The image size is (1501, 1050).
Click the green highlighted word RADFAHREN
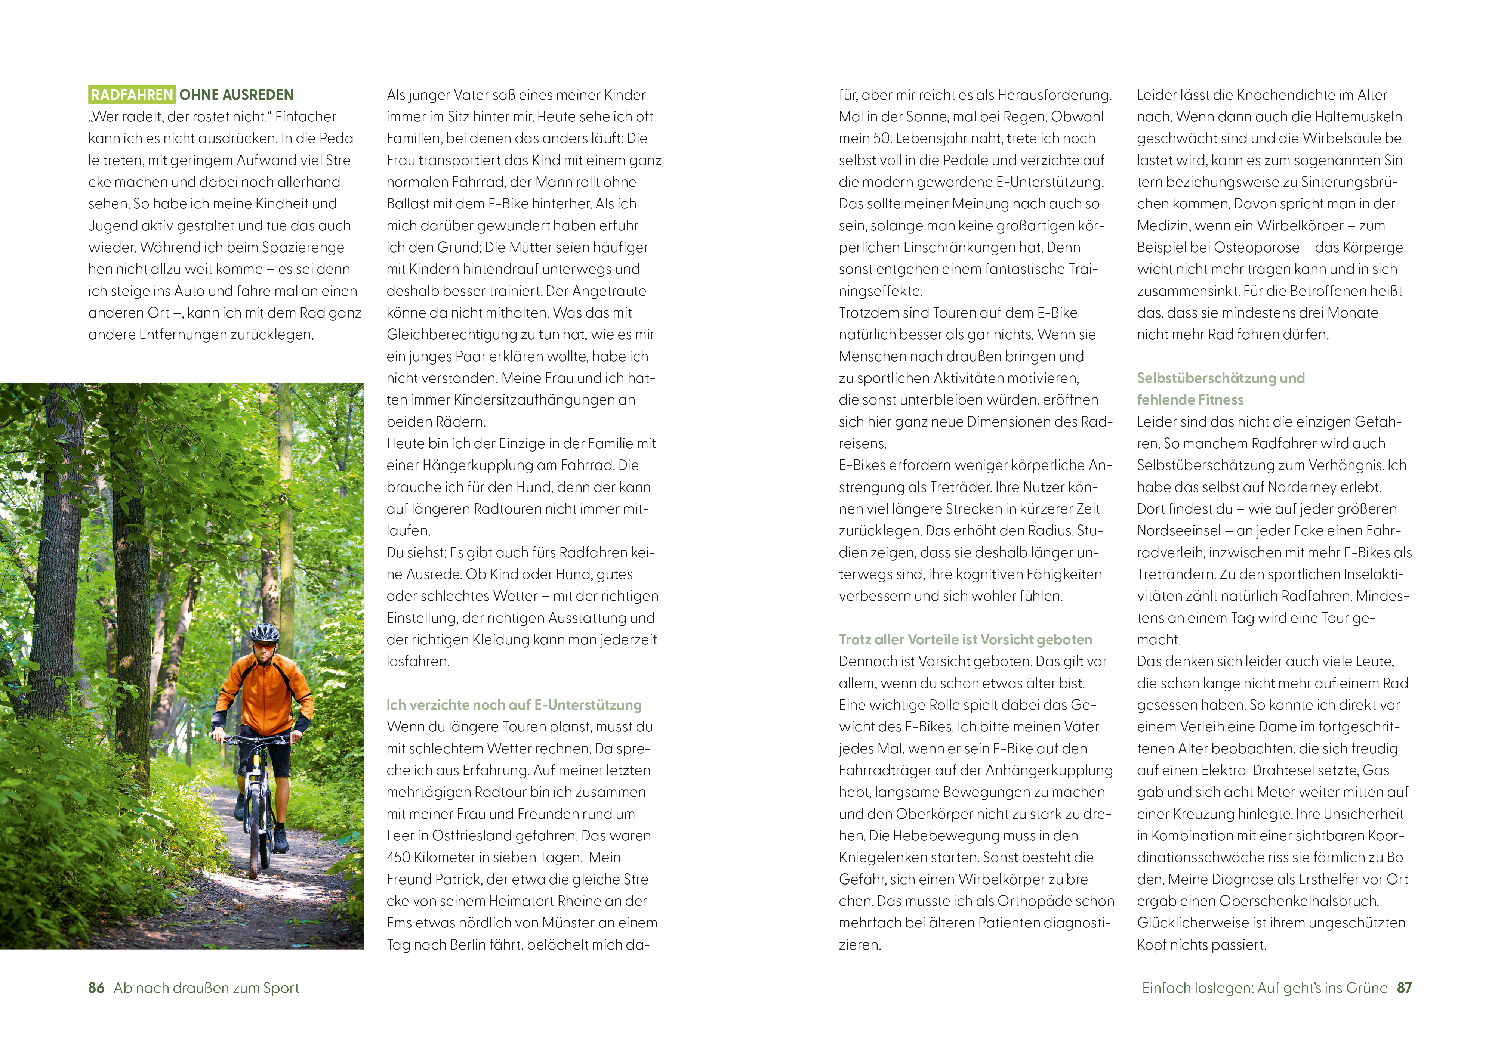point(132,95)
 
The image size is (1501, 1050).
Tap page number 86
point(96,988)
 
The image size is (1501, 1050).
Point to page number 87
point(1404,988)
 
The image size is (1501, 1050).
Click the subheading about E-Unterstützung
point(514,704)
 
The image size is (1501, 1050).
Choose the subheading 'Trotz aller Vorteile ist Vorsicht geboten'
point(965,639)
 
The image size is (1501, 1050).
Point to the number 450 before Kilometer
point(401,857)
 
